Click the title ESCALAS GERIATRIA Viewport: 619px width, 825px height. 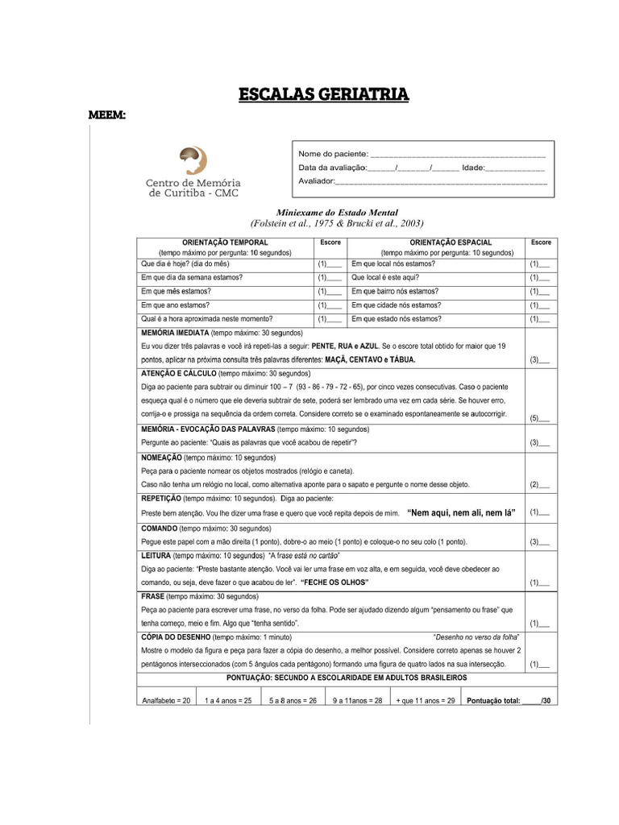(x=323, y=95)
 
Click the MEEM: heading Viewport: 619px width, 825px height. (x=106, y=116)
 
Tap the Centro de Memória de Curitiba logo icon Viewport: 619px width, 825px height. (x=193, y=160)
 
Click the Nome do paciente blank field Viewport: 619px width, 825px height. (x=457, y=154)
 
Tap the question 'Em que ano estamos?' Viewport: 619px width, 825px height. (x=176, y=305)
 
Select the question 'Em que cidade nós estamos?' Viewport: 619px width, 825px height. (x=396, y=305)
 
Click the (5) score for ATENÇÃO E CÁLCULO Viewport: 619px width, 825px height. (x=539, y=418)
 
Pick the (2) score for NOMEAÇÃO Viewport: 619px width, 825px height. (x=539, y=485)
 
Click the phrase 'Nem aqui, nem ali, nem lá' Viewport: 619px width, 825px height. (x=461, y=512)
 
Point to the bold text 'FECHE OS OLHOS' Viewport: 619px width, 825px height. (x=334, y=582)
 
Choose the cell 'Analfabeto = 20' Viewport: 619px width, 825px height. (x=166, y=701)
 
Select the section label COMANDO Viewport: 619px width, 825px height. (x=160, y=529)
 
